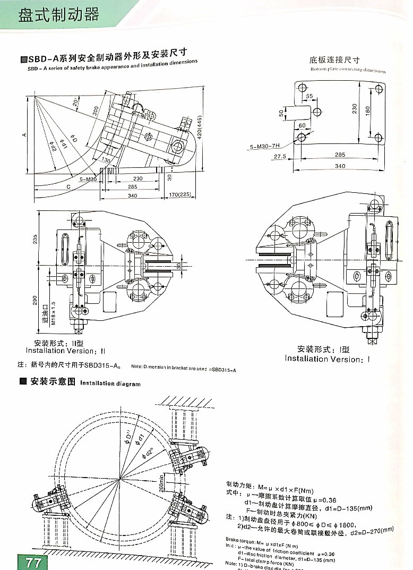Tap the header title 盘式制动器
tap(58, 14)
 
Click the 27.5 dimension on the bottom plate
tap(280, 157)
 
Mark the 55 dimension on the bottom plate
tap(309, 96)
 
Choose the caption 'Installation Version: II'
tap(66, 351)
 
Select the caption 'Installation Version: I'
tap(326, 359)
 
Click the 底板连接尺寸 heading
tap(334, 60)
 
